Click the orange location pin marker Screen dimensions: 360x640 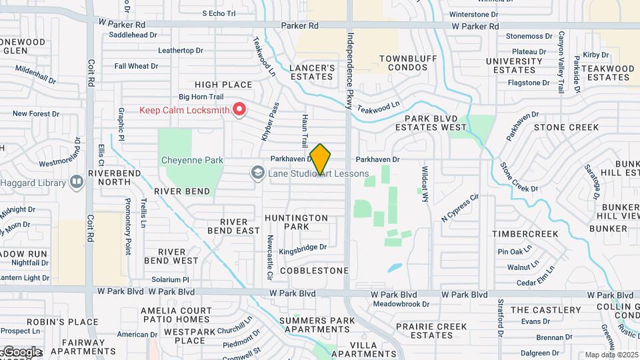(320, 159)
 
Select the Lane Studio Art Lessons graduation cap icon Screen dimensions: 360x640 (257, 174)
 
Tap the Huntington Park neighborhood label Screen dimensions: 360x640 (296, 223)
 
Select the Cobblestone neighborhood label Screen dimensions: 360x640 (314, 271)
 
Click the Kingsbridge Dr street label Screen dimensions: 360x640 (302, 248)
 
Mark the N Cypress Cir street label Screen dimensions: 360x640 (460, 207)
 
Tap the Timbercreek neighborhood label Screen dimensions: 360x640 (525, 234)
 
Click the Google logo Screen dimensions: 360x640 (21, 352)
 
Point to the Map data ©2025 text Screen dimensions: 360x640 (611, 355)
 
